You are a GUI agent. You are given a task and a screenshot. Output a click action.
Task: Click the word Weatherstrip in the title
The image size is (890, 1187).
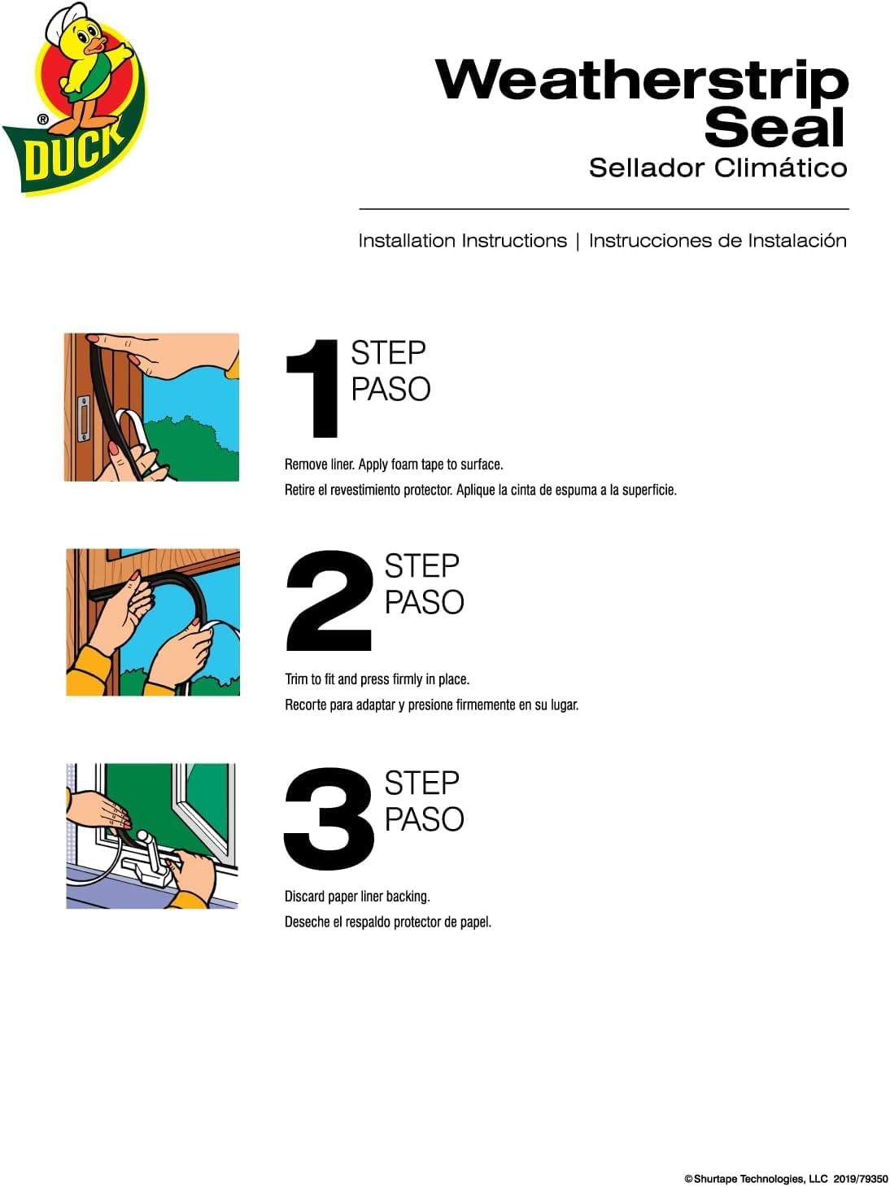[x=642, y=81]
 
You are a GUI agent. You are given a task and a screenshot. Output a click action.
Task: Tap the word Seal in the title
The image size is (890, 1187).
[x=774, y=127]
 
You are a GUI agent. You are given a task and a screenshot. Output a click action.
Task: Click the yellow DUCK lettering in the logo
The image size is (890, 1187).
[x=74, y=155]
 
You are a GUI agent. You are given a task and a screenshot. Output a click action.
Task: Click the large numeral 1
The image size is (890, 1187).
[x=313, y=388]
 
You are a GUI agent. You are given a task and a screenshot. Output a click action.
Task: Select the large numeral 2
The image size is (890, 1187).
[x=329, y=600]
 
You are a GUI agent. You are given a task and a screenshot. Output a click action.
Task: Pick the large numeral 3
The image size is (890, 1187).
[x=329, y=818]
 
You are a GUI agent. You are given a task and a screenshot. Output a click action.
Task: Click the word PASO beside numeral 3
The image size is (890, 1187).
[x=424, y=818]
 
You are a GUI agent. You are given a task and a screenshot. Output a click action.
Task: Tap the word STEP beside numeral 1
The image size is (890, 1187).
[x=388, y=353]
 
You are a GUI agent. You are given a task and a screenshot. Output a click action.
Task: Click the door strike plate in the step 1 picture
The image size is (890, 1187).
[x=83, y=418]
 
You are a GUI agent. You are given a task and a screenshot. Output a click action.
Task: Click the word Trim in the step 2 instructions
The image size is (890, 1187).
[x=296, y=679]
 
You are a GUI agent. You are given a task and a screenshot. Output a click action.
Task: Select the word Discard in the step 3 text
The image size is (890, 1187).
[x=306, y=897]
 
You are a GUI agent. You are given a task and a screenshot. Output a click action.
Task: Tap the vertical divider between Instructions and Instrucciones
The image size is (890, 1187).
[x=578, y=241]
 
